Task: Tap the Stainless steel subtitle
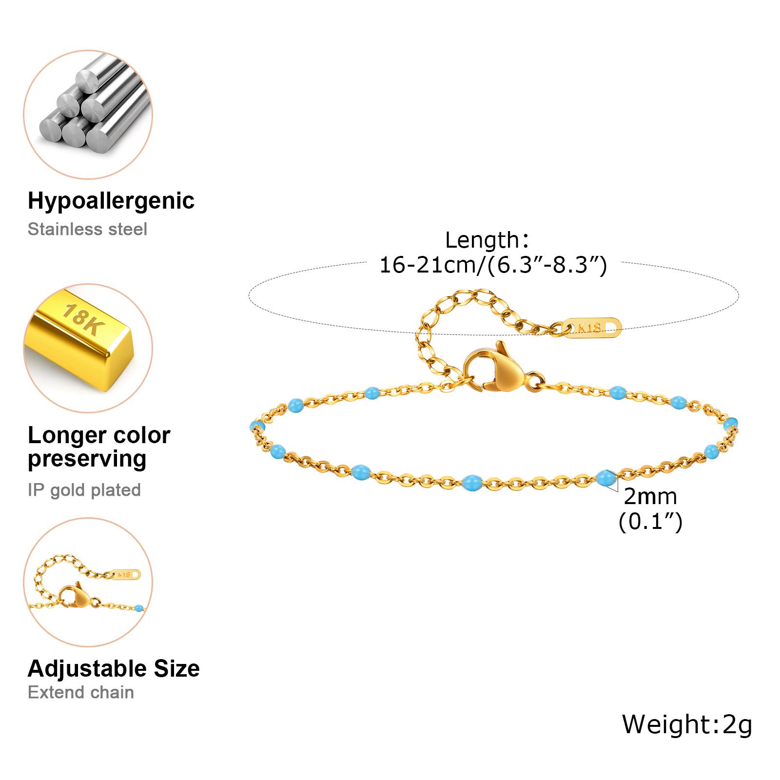point(87,229)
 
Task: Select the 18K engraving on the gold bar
point(81,319)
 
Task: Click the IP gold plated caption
point(84,490)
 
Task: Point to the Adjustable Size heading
point(114,668)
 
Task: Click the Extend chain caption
point(81,692)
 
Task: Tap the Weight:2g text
point(687,724)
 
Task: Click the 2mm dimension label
point(650,497)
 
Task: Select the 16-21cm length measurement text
point(493,265)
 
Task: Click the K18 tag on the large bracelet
point(592,328)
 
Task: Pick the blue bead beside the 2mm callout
point(605,478)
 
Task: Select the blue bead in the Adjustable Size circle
point(139,608)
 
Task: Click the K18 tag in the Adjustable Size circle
point(126,574)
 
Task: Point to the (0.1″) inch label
point(650,522)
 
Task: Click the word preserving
point(87,459)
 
